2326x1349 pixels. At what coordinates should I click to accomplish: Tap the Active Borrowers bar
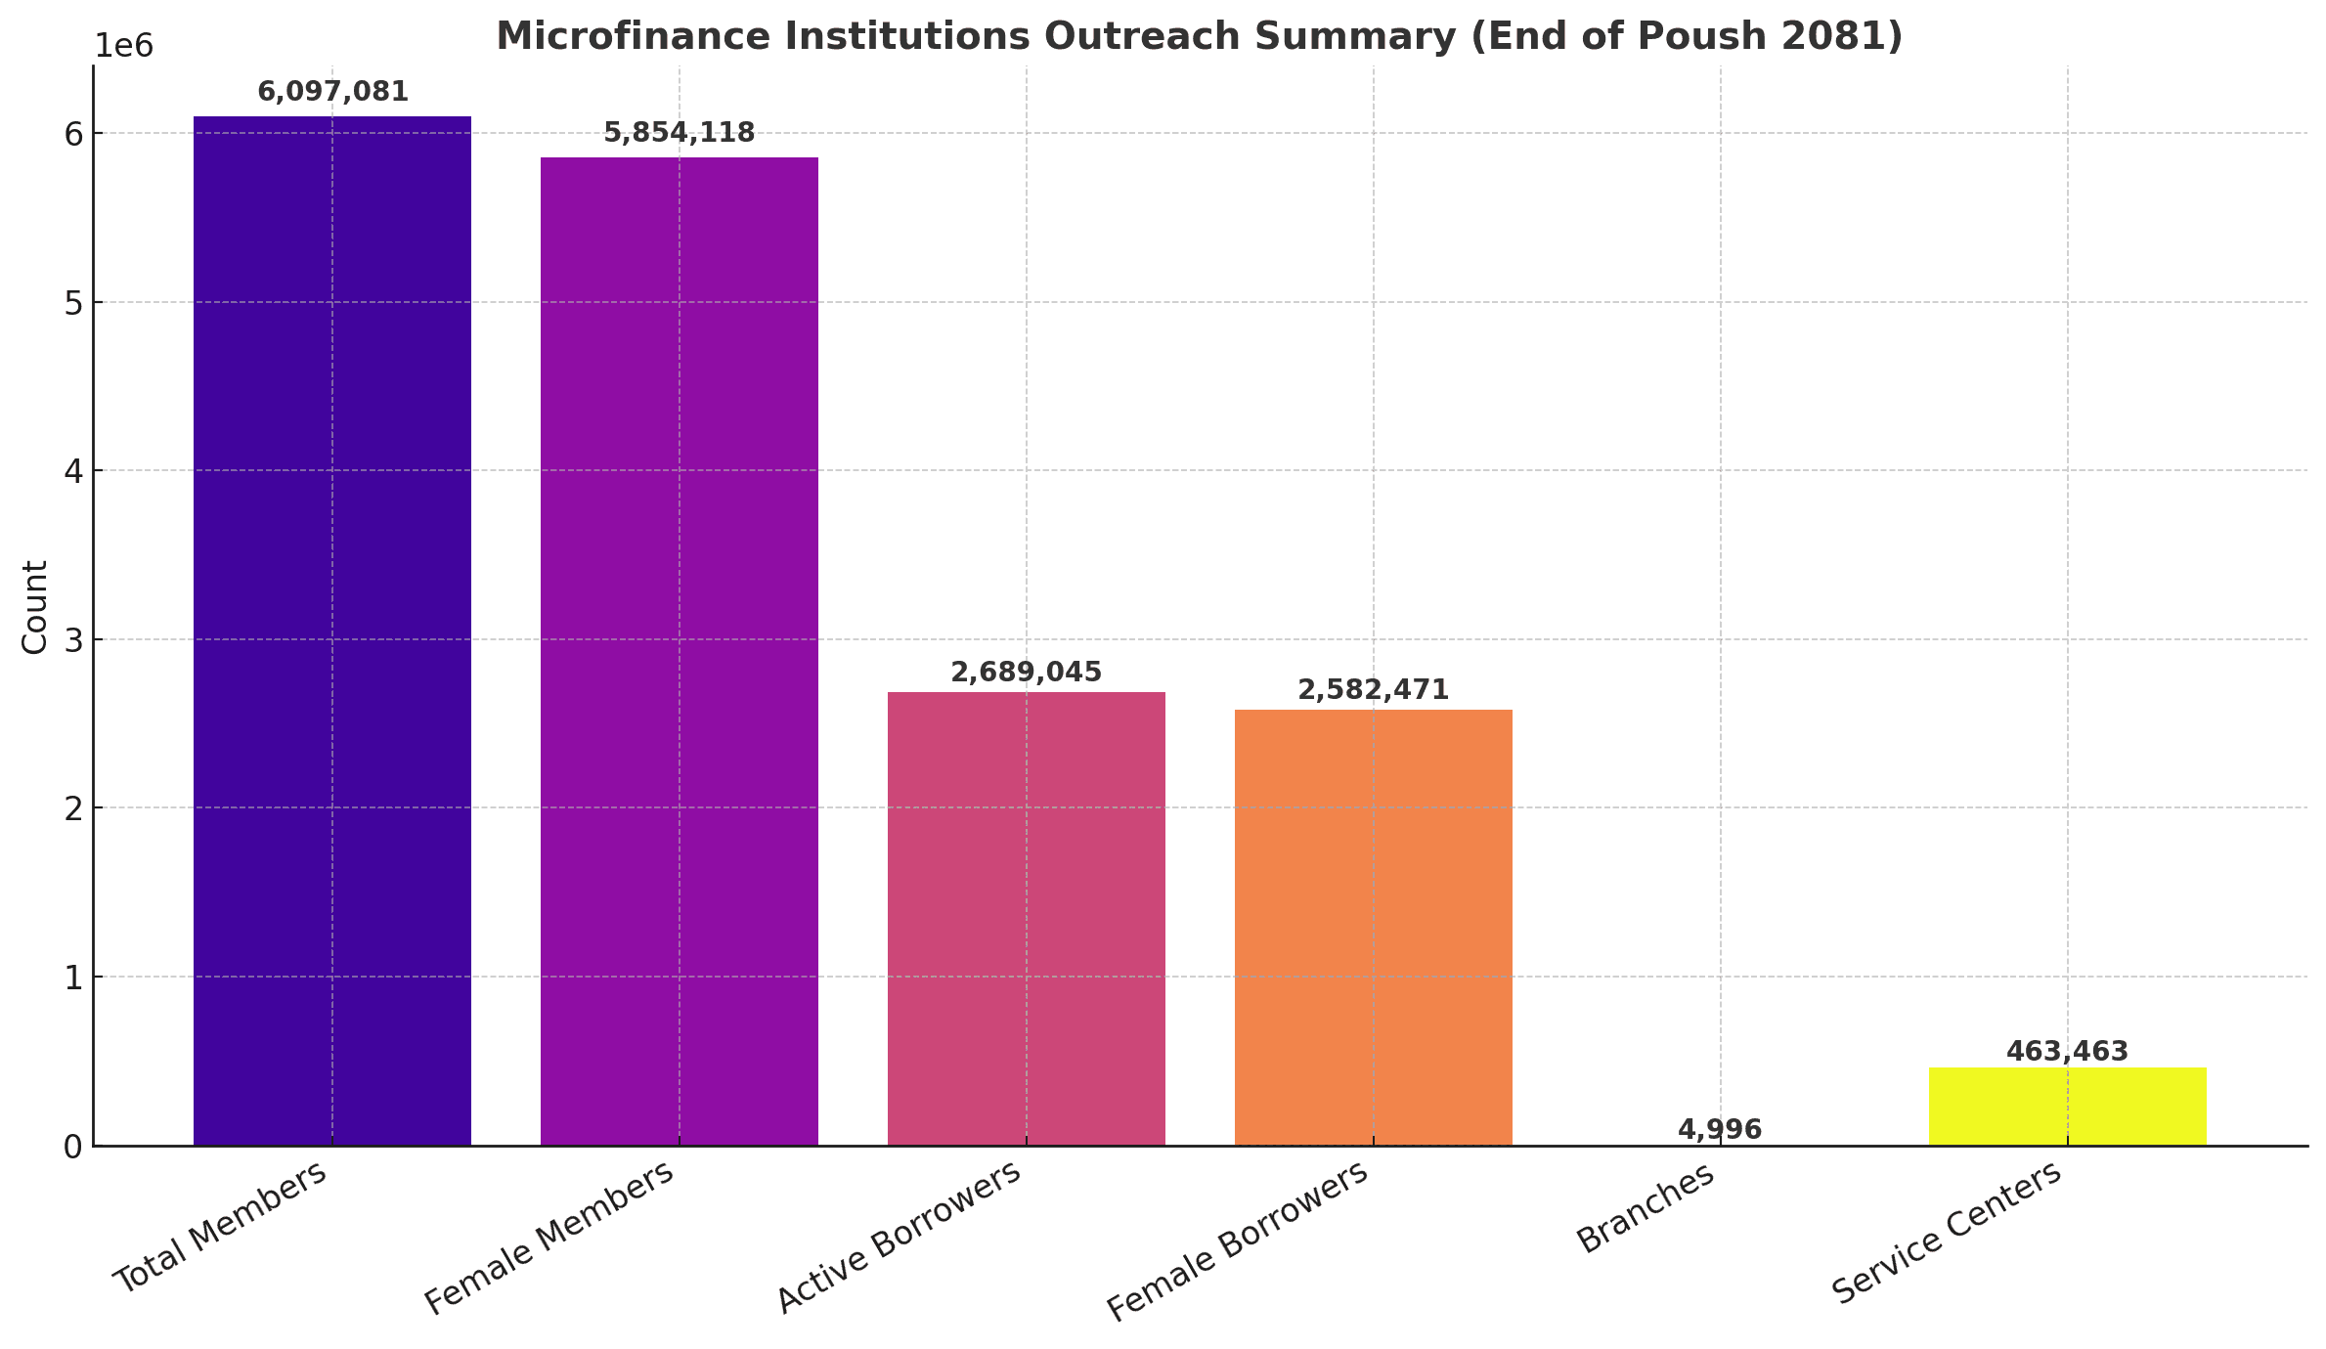[x=1026, y=918]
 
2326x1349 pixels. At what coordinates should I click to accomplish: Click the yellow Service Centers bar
[x=2067, y=1106]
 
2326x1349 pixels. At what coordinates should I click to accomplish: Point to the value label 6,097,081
[x=332, y=92]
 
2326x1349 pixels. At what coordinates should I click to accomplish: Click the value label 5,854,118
[x=679, y=133]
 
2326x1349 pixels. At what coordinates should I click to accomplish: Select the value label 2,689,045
[x=1026, y=673]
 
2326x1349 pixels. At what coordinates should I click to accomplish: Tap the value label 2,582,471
[x=1373, y=690]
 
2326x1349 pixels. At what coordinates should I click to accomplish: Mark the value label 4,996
[x=1719, y=1130]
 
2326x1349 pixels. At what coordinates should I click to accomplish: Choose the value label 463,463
[x=2067, y=1052]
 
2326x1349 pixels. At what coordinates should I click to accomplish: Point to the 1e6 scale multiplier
[x=123, y=46]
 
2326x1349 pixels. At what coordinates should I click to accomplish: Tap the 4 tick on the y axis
[x=72, y=471]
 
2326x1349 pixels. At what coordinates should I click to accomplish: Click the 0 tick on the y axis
[x=72, y=1146]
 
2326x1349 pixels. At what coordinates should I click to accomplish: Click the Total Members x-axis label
[x=221, y=1228]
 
